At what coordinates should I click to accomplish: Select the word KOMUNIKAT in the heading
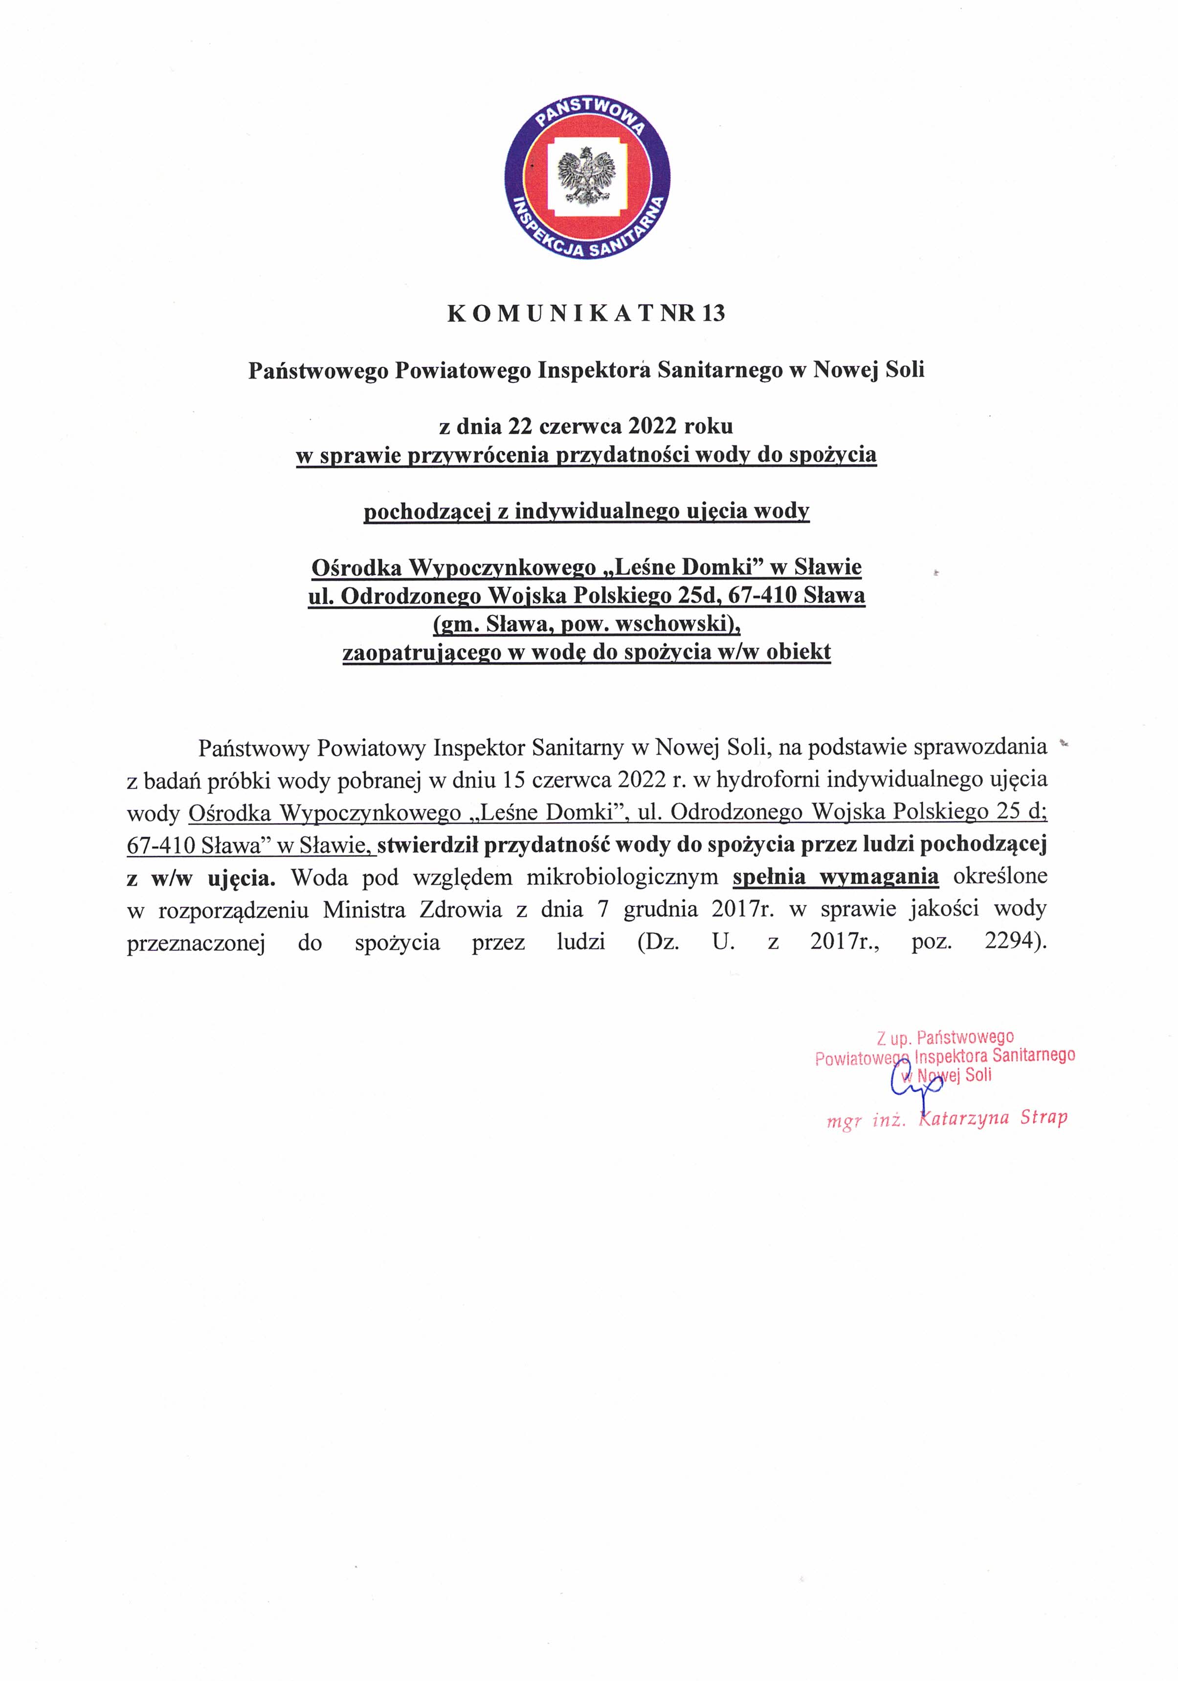pyautogui.click(x=550, y=314)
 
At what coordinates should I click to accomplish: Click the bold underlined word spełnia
pyautogui.click(x=770, y=876)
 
